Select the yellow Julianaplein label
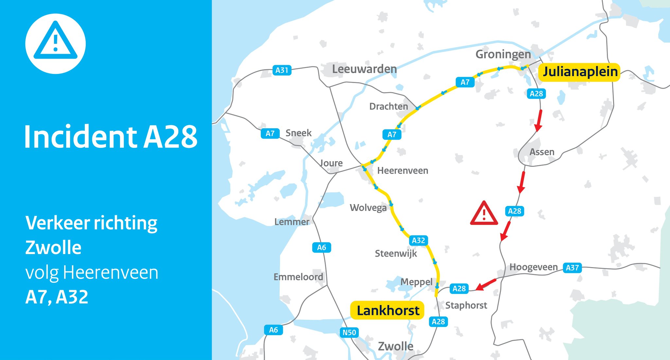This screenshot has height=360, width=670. point(580,72)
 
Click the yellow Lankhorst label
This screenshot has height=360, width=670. point(387,310)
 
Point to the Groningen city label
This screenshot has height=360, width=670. point(503,54)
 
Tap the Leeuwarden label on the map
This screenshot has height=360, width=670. point(364,69)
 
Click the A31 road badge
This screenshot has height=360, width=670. point(282,70)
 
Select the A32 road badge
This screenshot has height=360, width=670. point(418,241)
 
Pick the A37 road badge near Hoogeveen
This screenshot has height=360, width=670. point(572,268)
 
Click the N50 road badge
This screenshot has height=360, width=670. point(349,333)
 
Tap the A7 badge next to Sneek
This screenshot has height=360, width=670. point(270,133)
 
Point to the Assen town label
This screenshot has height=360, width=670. point(542,152)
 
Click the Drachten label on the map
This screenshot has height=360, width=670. point(388,107)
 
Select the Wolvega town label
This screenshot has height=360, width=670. point(368,208)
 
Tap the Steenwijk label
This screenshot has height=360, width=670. point(396,254)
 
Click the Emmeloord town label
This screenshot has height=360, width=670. point(298,277)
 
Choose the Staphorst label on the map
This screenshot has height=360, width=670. point(466,305)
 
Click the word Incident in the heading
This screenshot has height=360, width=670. point(80,137)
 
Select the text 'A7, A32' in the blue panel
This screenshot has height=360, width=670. point(57,297)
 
